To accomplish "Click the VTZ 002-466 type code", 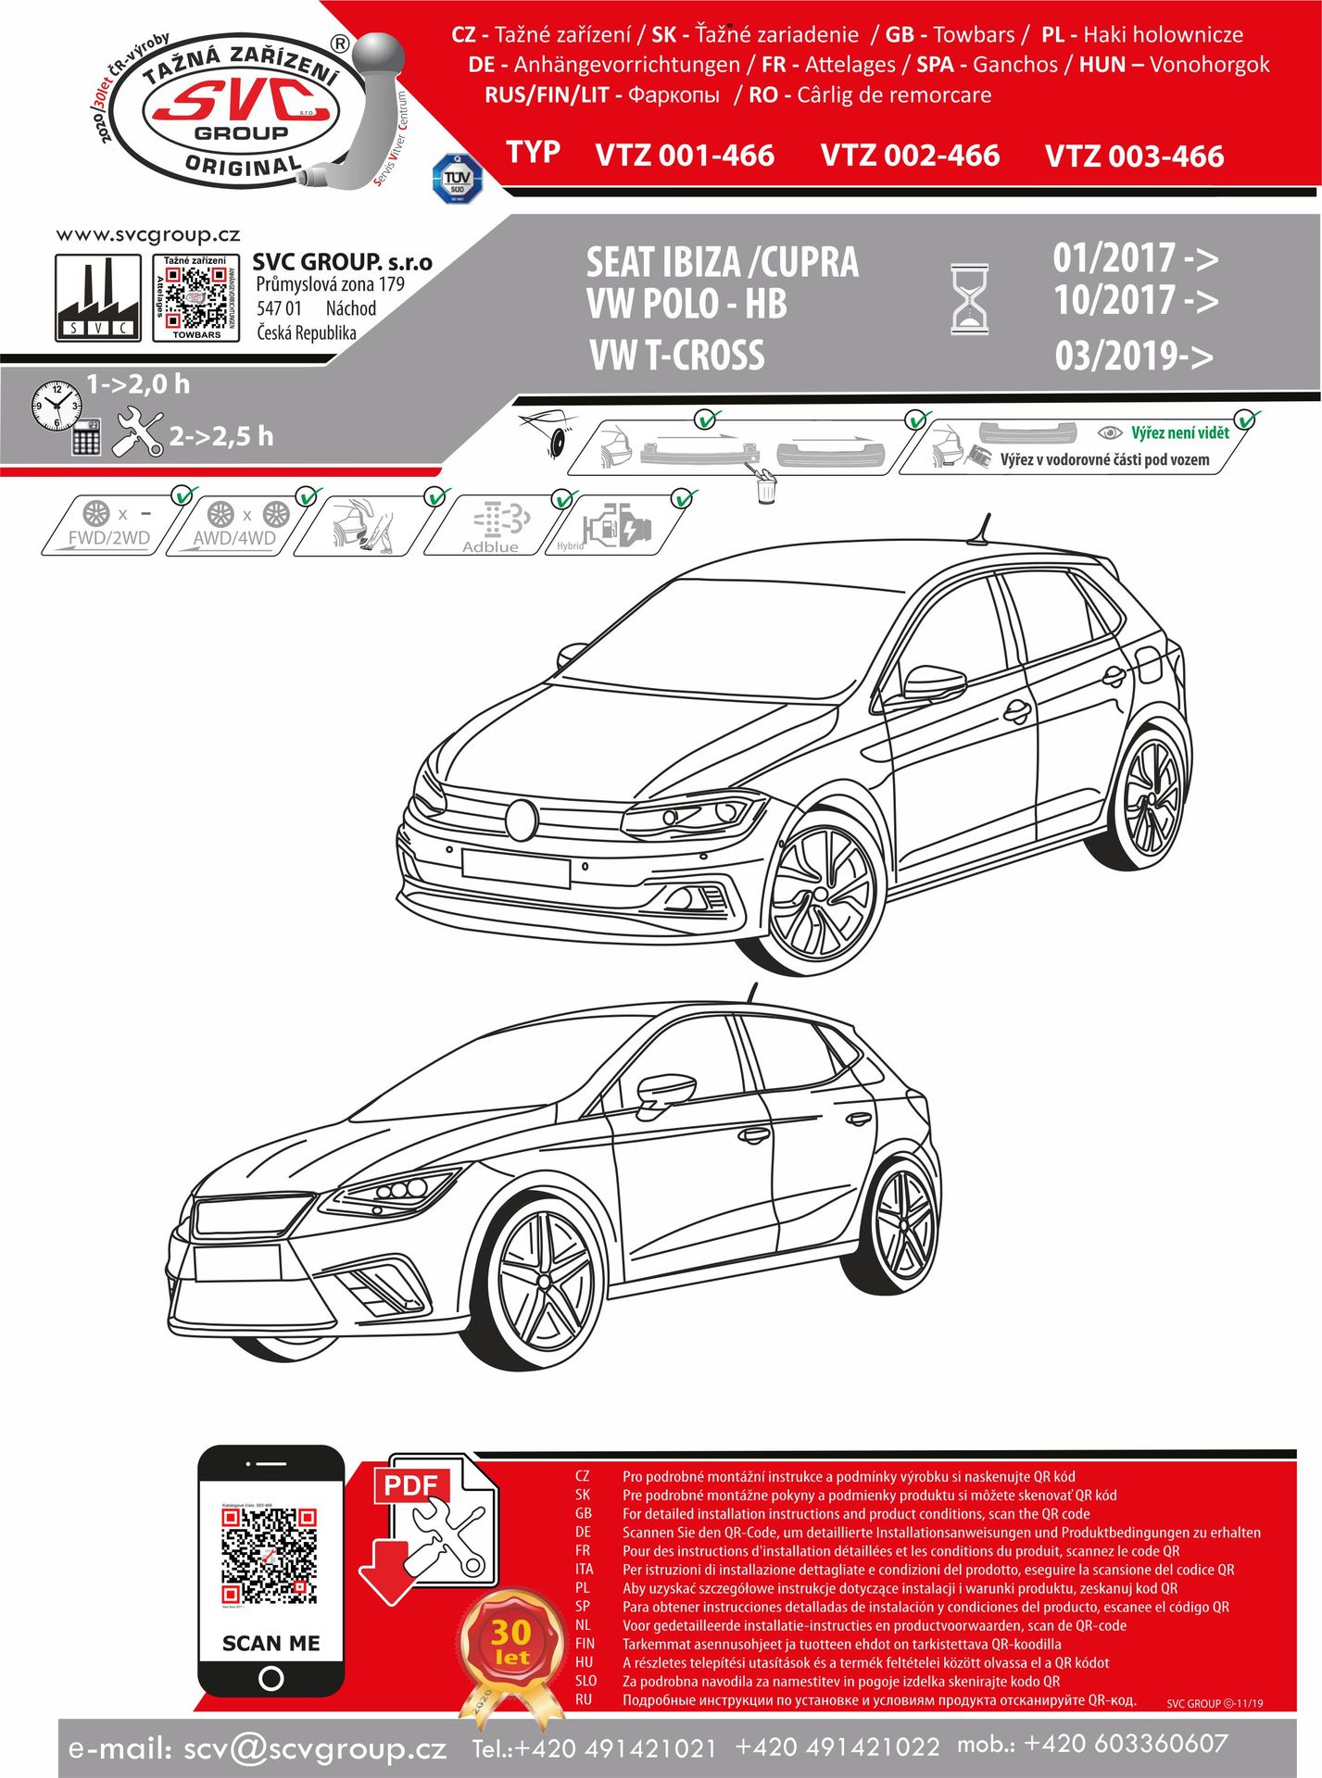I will click(x=910, y=156).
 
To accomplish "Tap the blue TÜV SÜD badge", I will click(x=457, y=179).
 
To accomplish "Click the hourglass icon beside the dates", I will click(x=970, y=299).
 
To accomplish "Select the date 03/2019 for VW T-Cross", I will click(x=1133, y=356).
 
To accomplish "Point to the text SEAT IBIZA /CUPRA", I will click(x=722, y=263).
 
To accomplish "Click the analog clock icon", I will click(x=57, y=405).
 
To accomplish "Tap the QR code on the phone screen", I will click(x=270, y=1557).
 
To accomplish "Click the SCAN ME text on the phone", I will click(x=271, y=1643).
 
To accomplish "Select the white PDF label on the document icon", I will click(x=409, y=1485).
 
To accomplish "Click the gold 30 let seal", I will click(x=511, y=1645).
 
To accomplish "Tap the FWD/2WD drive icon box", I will click(x=109, y=525).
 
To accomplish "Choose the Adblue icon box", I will click(x=492, y=527).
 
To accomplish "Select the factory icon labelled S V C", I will click(x=97, y=298).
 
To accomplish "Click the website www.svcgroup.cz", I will click(x=148, y=235).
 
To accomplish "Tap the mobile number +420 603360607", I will click(x=1126, y=1744).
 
